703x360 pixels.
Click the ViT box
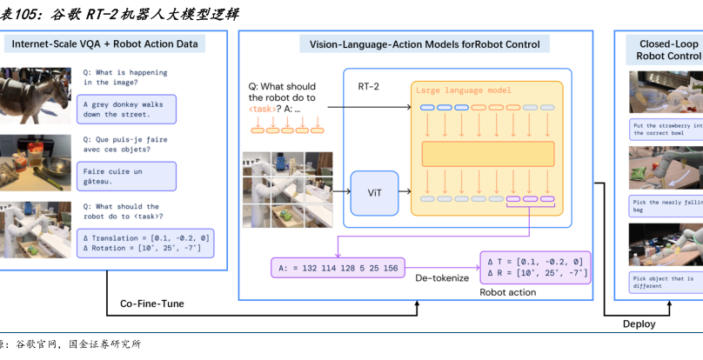pos(374,193)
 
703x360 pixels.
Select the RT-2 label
pos(370,89)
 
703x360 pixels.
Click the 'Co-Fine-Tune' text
pos(152,303)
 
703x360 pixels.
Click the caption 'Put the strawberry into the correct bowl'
pos(665,130)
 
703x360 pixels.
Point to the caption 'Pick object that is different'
pos(665,283)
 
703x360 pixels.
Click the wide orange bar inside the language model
pos(487,154)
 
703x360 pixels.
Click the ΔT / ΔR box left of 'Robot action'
pos(534,267)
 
